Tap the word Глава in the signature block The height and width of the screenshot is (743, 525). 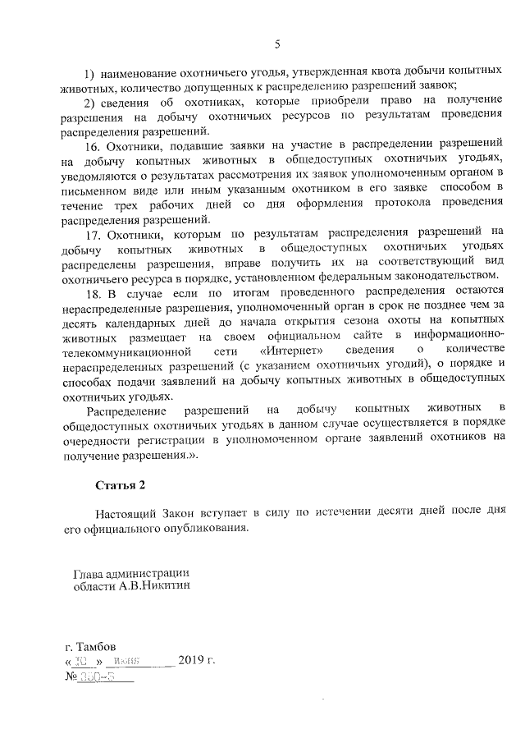90,573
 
